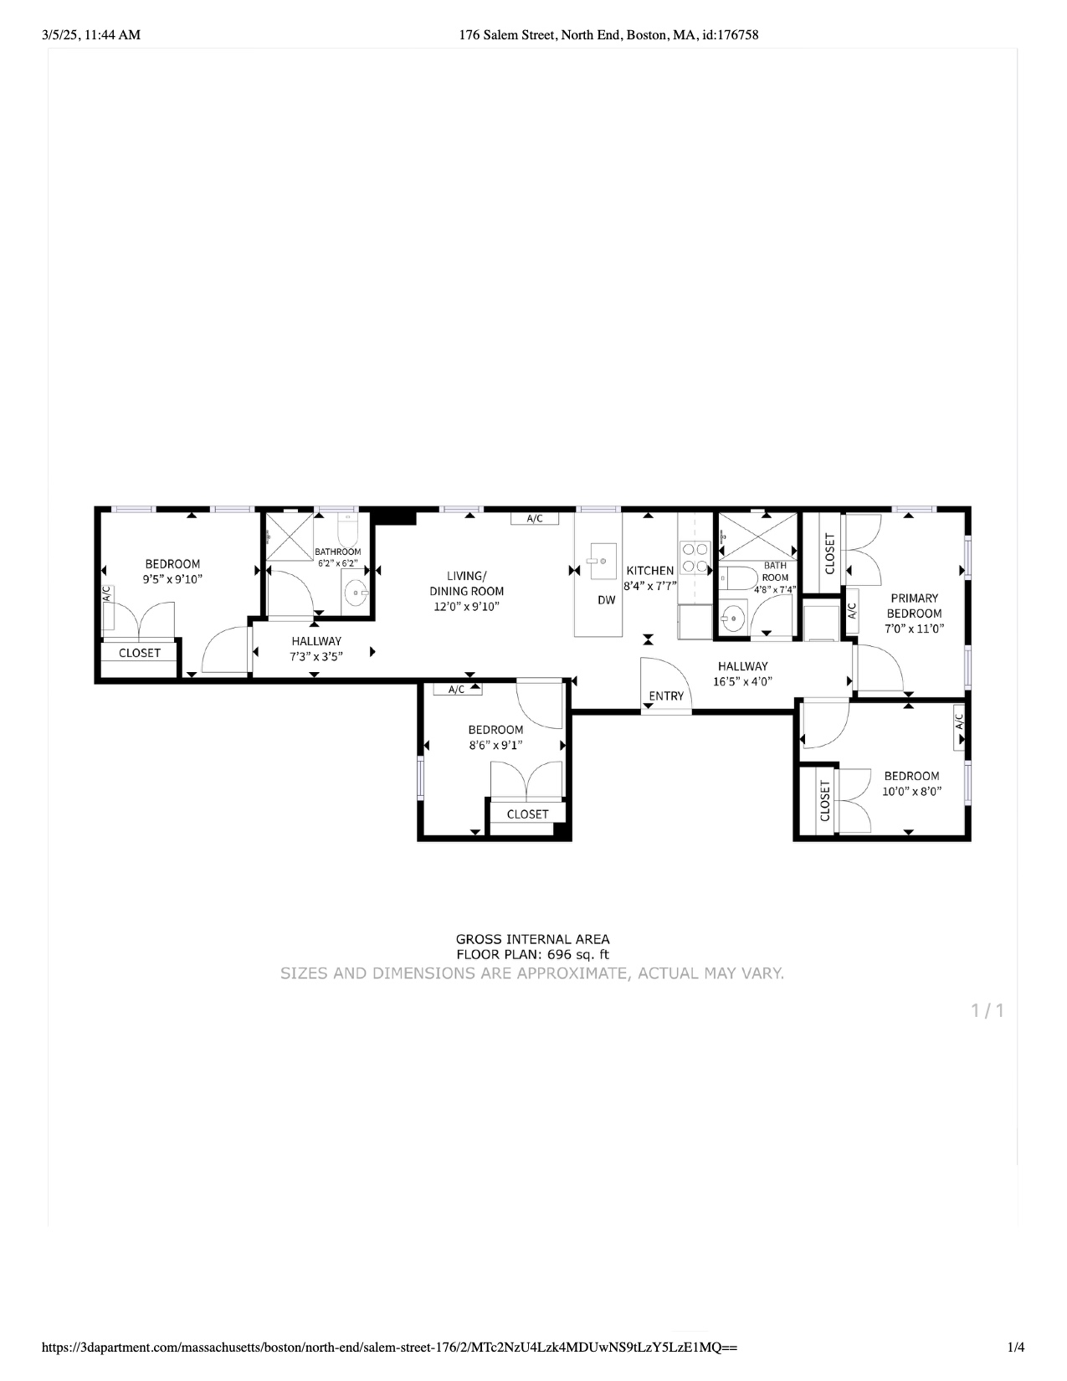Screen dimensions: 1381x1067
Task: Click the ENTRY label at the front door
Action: click(666, 696)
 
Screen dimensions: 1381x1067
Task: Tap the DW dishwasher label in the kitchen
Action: click(606, 600)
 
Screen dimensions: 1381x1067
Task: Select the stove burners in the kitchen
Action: click(695, 558)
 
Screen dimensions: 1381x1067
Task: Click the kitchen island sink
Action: click(602, 562)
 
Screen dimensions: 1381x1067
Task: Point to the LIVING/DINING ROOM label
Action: click(466, 583)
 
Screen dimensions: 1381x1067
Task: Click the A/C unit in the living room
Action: click(535, 519)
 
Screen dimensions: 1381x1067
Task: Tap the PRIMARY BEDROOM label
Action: click(914, 605)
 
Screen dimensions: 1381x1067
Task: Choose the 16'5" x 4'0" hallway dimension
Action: click(742, 681)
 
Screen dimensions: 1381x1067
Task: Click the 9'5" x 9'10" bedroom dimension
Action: click(172, 578)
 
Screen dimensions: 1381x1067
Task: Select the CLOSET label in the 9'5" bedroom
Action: click(140, 653)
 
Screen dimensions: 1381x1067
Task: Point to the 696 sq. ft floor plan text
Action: click(532, 954)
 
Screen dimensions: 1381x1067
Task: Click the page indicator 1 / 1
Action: click(987, 1011)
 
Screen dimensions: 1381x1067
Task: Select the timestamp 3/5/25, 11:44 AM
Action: click(91, 34)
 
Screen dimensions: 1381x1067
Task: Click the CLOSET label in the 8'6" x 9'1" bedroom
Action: click(527, 814)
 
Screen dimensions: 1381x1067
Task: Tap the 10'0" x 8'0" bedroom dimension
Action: click(911, 791)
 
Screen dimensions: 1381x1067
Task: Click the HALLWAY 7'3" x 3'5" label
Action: click(316, 649)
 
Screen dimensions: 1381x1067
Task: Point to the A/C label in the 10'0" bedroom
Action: click(960, 719)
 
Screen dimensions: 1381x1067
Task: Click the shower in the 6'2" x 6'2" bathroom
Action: click(289, 536)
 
